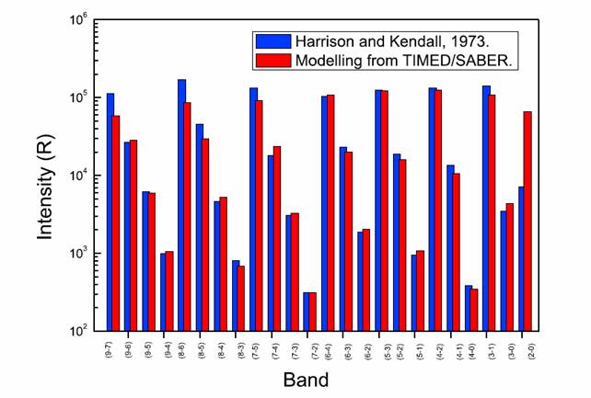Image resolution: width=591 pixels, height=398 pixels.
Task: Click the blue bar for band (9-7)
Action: [x=110, y=211]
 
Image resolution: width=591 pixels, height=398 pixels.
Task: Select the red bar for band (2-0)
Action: [x=528, y=221]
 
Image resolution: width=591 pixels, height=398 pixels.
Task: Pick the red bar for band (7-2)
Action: [x=313, y=312]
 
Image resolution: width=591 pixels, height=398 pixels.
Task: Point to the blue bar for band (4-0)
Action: [x=468, y=308]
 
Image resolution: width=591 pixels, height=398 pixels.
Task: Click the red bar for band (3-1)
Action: [x=492, y=212]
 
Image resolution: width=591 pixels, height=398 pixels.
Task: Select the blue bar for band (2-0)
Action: [x=521, y=258]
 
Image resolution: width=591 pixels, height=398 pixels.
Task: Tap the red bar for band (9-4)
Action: [x=169, y=290]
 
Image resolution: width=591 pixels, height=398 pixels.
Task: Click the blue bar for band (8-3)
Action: [x=235, y=295]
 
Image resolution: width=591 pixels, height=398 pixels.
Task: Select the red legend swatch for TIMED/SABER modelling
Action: [x=272, y=62]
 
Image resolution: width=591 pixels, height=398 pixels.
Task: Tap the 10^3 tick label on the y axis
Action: [x=78, y=253]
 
